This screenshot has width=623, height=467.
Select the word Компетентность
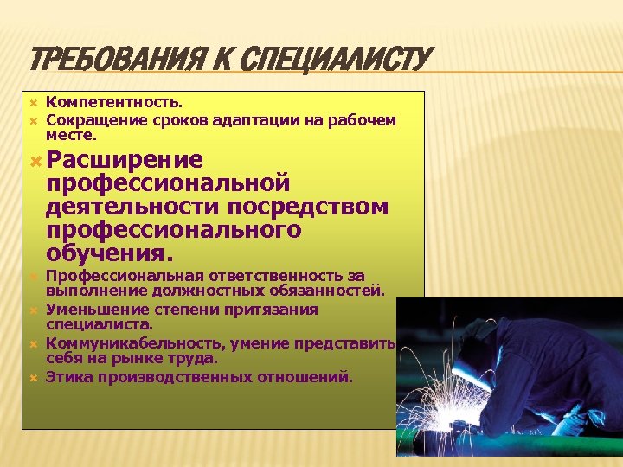coord(114,103)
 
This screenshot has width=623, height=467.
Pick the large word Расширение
coord(125,160)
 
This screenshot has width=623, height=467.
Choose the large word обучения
coord(110,254)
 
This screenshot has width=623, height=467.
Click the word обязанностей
coord(329,291)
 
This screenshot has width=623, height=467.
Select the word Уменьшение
coord(94,309)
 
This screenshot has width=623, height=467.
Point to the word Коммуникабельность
coord(135,343)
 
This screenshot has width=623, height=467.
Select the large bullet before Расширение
coord(35,161)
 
